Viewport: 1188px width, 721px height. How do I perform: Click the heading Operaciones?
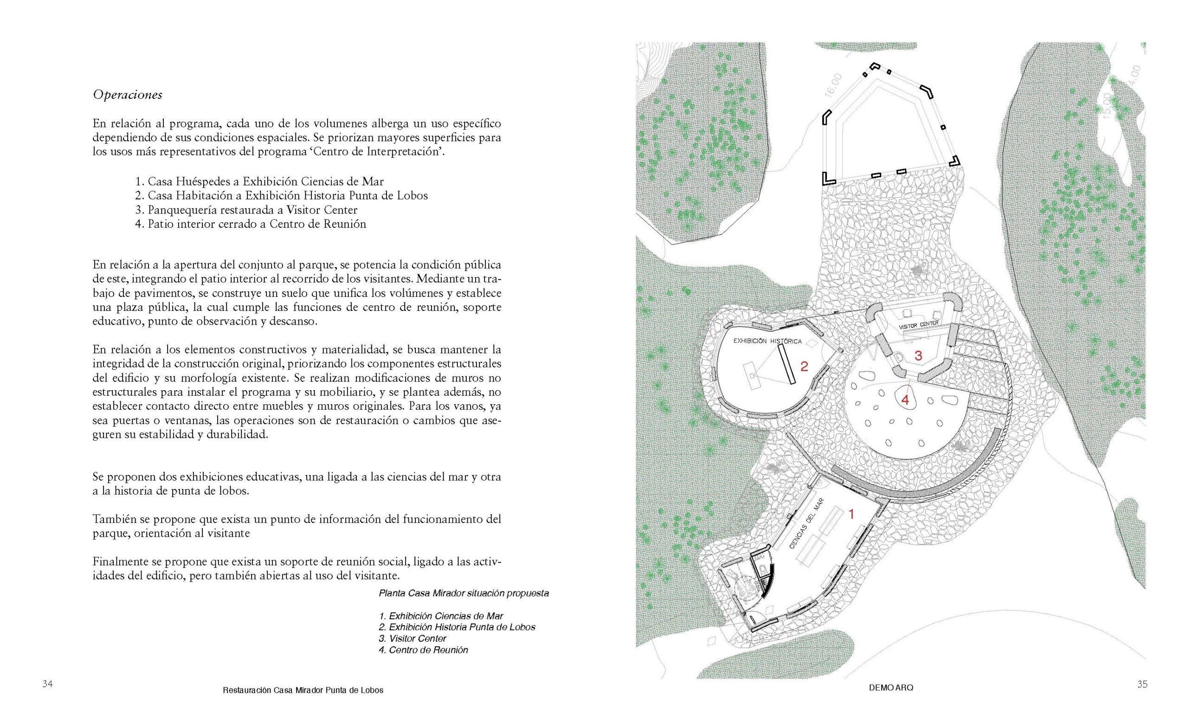(127, 95)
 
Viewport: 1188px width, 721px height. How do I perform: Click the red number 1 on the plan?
(851, 515)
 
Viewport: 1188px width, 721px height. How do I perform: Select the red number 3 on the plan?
(918, 356)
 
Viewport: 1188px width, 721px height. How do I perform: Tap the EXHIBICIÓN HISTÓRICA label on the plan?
(767, 341)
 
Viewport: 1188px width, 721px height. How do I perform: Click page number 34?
(47, 684)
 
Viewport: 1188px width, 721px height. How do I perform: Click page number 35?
(1142, 684)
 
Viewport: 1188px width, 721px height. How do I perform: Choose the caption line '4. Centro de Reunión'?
(423, 650)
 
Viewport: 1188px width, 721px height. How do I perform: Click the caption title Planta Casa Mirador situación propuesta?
(463, 593)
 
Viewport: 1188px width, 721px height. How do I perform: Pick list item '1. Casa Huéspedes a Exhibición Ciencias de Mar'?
(259, 182)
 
